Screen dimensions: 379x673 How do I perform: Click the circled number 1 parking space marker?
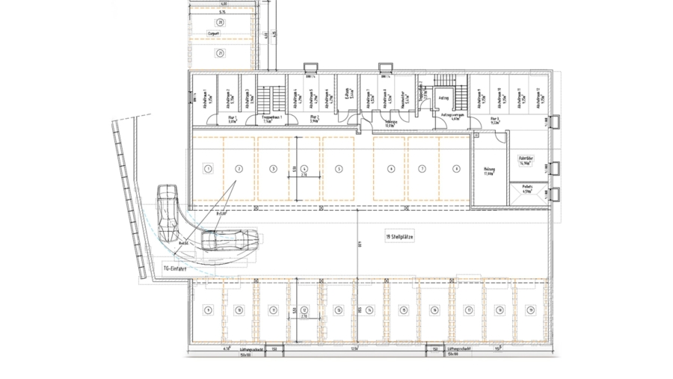click(207, 169)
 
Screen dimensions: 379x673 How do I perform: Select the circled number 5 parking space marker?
click(339, 169)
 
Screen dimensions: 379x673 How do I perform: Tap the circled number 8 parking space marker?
click(455, 169)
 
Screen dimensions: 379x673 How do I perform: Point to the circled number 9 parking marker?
click(208, 309)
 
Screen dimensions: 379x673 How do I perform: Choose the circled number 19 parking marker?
click(530, 309)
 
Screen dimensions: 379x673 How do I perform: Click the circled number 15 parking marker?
click(403, 309)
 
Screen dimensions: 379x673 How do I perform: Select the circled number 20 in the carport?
click(221, 23)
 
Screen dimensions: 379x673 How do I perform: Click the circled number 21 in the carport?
click(221, 53)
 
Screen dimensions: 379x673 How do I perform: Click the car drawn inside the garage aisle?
click(230, 240)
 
